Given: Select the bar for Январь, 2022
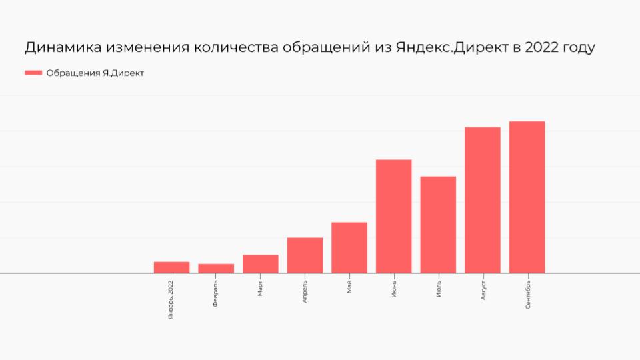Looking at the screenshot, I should pyautogui.click(x=171, y=267).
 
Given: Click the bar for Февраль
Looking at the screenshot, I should pyautogui.click(x=216, y=269).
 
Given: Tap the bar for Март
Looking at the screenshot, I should pyautogui.click(x=260, y=264).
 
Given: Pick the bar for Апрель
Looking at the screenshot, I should pyautogui.click(x=305, y=255).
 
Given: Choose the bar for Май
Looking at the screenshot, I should pyautogui.click(x=349, y=247).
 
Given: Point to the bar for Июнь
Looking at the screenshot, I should pyautogui.click(x=393, y=216).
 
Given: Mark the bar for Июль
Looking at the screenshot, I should pyautogui.click(x=438, y=225).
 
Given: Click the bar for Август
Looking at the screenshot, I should pyautogui.click(x=483, y=200).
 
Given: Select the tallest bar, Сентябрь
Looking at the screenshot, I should pyautogui.click(x=527, y=197).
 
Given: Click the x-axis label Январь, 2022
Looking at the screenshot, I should pyautogui.click(x=171, y=301).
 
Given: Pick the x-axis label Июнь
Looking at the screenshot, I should pyautogui.click(x=394, y=290).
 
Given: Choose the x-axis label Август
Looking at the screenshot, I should pyautogui.click(x=483, y=292).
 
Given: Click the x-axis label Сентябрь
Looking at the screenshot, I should pyautogui.click(x=527, y=295).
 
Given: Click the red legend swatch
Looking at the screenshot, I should pyautogui.click(x=33, y=73).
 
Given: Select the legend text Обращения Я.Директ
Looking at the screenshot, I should pyautogui.click(x=95, y=73).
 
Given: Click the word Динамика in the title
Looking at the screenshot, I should pyautogui.click(x=64, y=48).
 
